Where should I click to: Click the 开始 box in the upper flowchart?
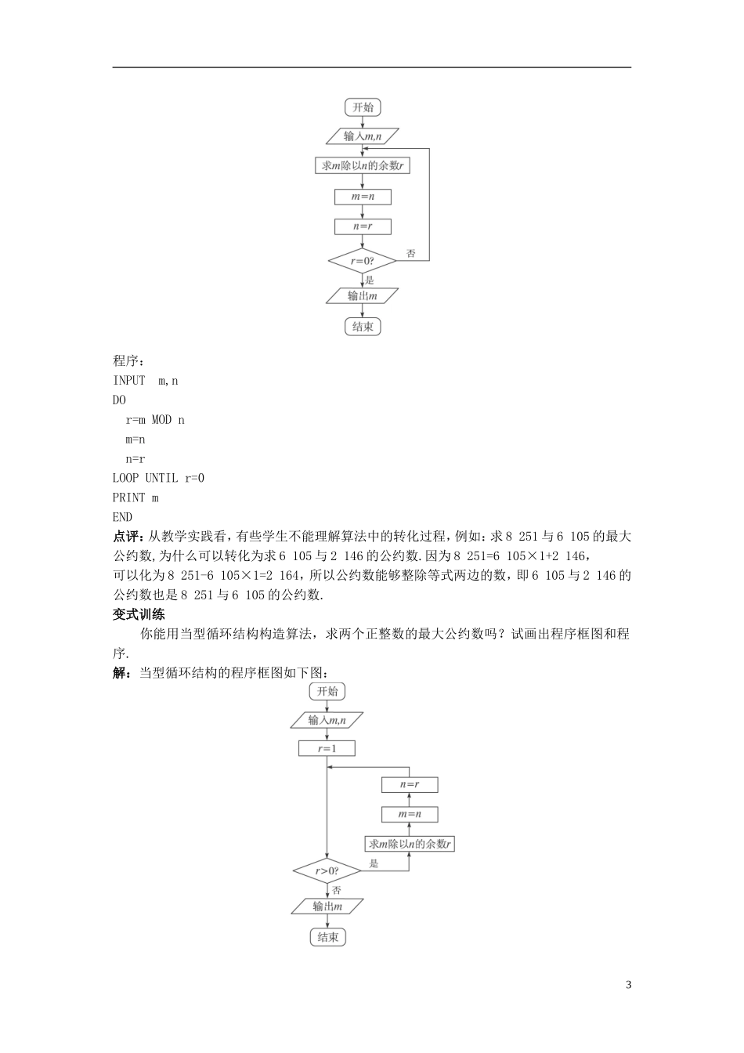(363, 107)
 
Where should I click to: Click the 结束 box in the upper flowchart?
(363, 327)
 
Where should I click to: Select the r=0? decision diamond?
(363, 261)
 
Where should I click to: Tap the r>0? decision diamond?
(327, 870)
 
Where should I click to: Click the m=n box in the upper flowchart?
(363, 197)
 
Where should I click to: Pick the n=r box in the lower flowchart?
(410, 784)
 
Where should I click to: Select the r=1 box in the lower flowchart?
(327, 749)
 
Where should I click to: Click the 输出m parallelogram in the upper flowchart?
(363, 296)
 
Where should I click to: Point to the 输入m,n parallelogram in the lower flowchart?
(327, 720)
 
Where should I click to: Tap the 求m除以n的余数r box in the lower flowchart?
(410, 844)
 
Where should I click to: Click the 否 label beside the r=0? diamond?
(411, 254)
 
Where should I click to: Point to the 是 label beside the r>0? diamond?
(374, 863)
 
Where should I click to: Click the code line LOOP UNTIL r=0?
(158, 478)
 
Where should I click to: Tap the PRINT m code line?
(135, 498)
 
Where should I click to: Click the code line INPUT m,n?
(146, 381)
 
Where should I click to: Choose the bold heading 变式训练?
(139, 614)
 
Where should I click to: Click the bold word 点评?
(126, 537)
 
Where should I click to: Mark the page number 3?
(628, 985)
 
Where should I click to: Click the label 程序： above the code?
(129, 361)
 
